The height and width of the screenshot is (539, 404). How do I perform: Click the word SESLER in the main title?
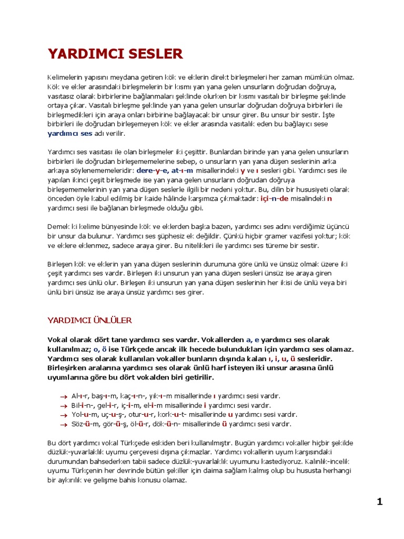point(153,54)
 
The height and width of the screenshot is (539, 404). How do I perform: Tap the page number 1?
point(379,502)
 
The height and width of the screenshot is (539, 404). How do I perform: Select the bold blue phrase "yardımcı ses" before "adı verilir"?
point(70,134)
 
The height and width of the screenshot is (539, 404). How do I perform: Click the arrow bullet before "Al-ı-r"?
point(63,396)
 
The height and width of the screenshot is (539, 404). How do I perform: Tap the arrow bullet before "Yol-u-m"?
point(63,415)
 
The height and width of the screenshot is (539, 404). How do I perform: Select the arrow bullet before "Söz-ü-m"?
point(63,424)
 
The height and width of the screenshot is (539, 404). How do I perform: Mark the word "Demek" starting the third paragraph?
point(58,227)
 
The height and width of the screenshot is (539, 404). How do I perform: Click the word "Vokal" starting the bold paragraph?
point(58,340)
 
